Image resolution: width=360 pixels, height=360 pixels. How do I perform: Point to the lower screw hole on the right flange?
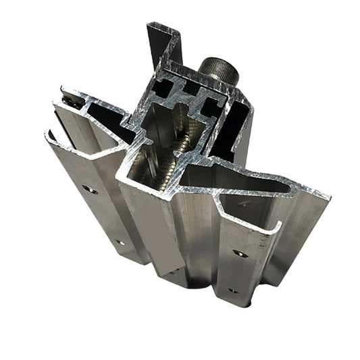(233, 291)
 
